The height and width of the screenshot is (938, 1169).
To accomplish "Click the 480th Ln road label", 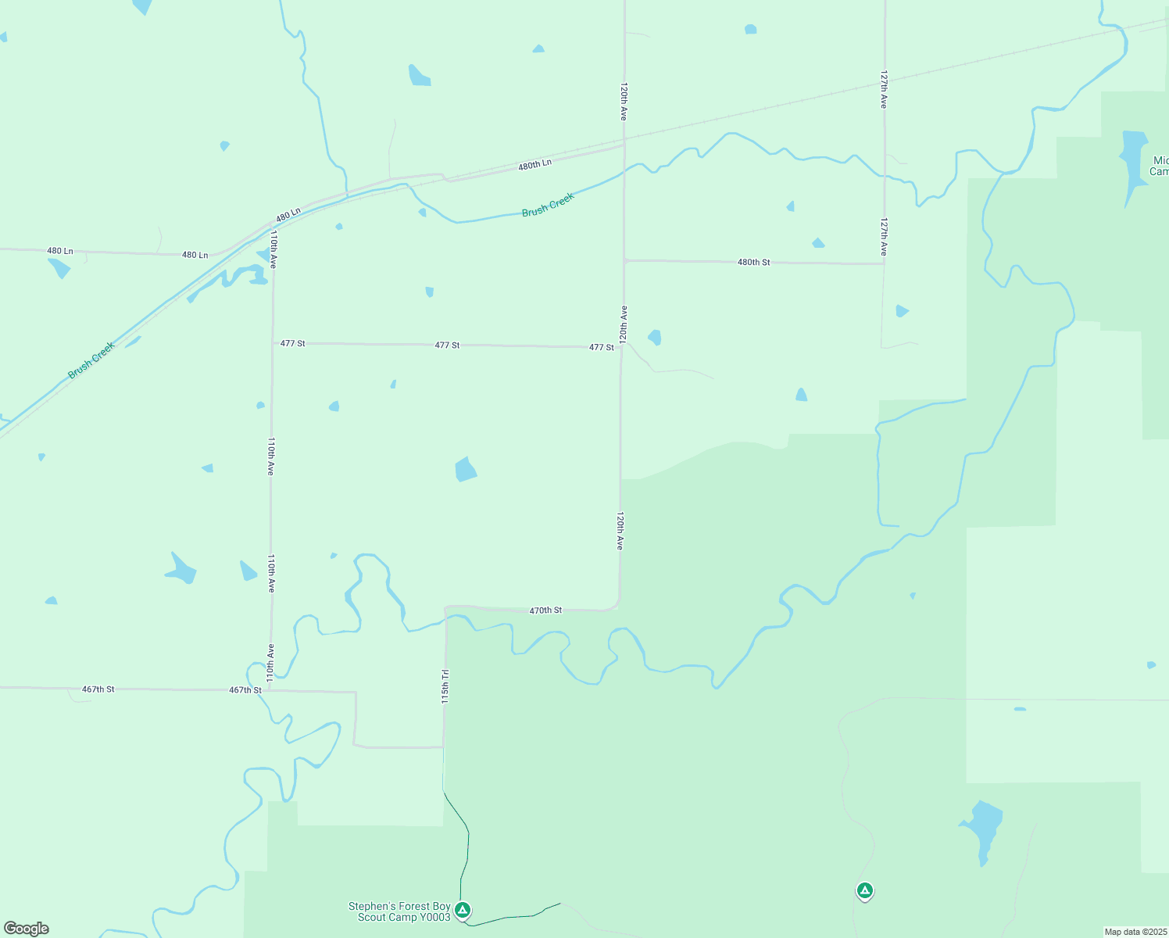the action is click(x=534, y=165).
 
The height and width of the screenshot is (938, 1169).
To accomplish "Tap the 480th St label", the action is click(x=753, y=262).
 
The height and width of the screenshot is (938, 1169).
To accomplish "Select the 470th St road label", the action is click(x=545, y=610).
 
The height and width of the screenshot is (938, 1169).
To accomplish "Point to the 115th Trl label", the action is click(x=445, y=686).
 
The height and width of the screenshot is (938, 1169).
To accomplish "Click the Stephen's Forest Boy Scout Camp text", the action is click(x=399, y=911).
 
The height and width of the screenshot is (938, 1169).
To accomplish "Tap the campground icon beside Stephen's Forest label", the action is click(x=463, y=910).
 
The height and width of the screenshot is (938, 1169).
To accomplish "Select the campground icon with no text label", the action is click(x=864, y=890).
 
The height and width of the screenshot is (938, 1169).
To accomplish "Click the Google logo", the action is click(x=27, y=929).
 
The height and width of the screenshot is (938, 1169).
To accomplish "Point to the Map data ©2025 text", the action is click(x=1135, y=932).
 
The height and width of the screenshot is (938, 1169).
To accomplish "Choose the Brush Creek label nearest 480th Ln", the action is click(x=548, y=204).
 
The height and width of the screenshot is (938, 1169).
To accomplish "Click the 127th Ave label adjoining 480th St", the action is click(x=884, y=237).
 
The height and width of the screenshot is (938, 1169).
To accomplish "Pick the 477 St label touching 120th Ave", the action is click(x=601, y=347).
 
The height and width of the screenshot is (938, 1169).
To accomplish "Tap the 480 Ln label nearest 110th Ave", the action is click(x=288, y=214).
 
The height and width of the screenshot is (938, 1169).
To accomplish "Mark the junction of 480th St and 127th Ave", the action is click(x=884, y=263).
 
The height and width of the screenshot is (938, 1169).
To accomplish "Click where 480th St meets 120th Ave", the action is click(x=624, y=260).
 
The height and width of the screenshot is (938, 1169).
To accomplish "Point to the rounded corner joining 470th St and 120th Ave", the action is click(x=617, y=606).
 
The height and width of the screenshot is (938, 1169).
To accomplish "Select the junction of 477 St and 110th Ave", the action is click(x=273, y=343).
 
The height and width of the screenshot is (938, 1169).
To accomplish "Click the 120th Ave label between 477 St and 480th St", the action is click(x=624, y=324).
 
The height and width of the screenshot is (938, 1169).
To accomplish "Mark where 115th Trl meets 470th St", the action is click(x=446, y=607).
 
